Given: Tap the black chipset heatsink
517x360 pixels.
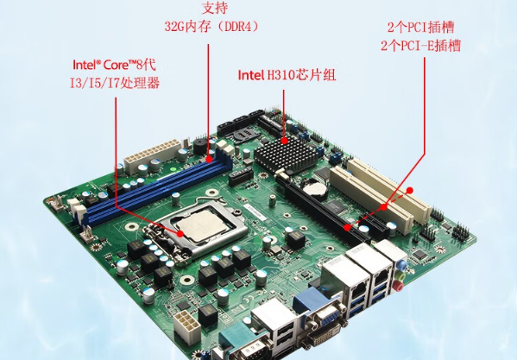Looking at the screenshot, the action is tap(286, 154).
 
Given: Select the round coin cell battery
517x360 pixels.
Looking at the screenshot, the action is tap(315, 189).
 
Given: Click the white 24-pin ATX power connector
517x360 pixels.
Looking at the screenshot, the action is tap(152, 156).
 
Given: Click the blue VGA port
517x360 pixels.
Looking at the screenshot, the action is tap(318, 313).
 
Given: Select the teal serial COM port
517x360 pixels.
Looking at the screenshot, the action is tap(246, 344).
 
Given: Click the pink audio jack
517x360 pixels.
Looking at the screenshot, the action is tap(399, 286).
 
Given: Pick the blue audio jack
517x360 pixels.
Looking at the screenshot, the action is tap(401, 263).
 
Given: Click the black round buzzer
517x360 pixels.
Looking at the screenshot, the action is tap(201, 147).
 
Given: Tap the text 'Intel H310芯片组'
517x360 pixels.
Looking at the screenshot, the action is tap(287, 75).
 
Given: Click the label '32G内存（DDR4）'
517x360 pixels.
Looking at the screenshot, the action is tap(211, 27).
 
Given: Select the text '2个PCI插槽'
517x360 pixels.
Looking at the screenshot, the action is tap(421, 28).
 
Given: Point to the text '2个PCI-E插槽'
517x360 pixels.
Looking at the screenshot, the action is tap(420, 46).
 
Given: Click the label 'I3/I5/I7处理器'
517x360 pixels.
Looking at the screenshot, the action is tap(115, 83).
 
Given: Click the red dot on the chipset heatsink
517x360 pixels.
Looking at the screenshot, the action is tap(284, 141).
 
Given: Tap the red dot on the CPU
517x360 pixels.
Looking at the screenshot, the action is tap(180, 234).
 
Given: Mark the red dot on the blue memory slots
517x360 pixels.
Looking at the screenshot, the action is tap(210, 159).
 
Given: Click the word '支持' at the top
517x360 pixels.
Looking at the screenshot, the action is tap(215, 8).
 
